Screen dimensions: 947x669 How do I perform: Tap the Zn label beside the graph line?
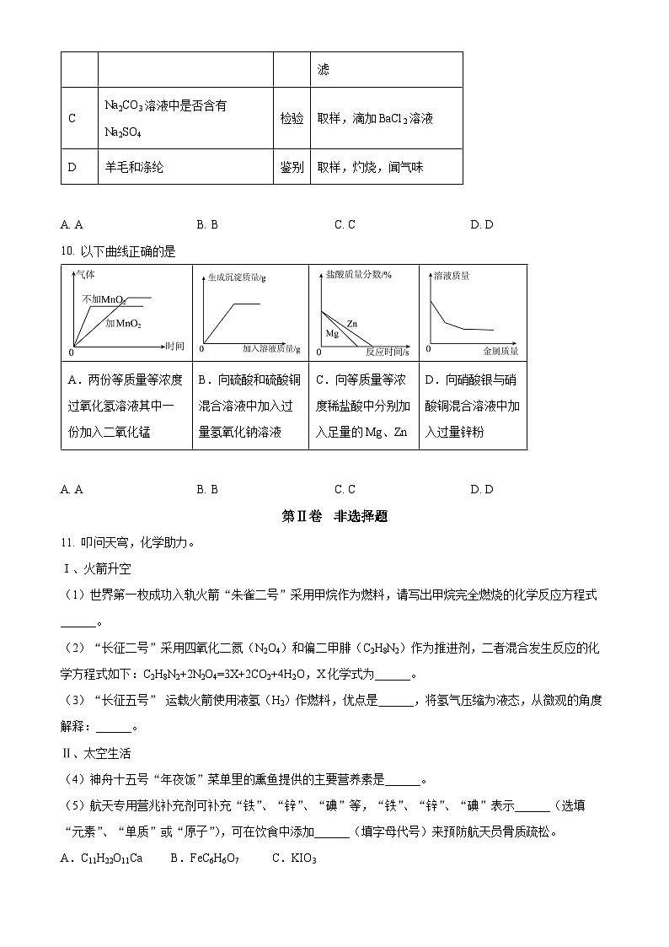click(x=352, y=323)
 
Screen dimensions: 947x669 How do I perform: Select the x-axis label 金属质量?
click(x=500, y=350)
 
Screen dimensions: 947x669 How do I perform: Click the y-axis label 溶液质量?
click(x=451, y=276)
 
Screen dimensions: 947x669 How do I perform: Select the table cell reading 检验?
click(x=292, y=119)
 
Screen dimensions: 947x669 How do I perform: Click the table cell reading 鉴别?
click(x=292, y=167)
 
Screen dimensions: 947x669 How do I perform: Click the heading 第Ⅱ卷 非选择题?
click(x=334, y=517)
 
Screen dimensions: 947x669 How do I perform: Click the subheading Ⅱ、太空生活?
click(x=97, y=753)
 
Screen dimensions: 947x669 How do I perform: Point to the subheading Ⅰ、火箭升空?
click(x=97, y=569)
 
